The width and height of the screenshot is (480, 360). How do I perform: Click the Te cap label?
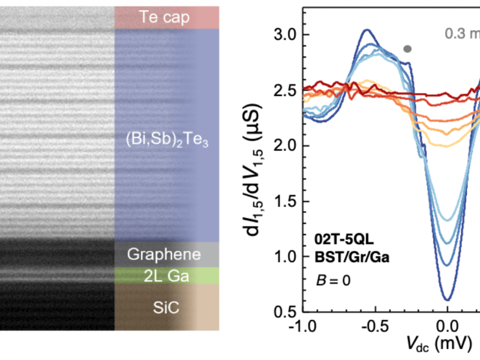tap(166, 17)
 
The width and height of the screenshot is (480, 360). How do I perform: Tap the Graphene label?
tap(166, 254)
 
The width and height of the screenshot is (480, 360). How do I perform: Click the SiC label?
tap(166, 308)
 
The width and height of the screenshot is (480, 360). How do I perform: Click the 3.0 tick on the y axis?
tap(282, 35)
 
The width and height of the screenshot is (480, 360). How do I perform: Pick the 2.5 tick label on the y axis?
tap(282, 91)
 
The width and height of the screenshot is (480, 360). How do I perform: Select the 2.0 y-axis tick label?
tap(282, 146)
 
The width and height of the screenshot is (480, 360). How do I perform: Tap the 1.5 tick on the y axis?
tap(282, 201)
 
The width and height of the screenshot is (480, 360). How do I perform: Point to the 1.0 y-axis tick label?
tap(282, 256)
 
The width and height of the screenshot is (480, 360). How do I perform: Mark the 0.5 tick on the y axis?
tap(282, 311)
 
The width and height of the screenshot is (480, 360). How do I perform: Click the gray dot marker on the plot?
tap(407, 49)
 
